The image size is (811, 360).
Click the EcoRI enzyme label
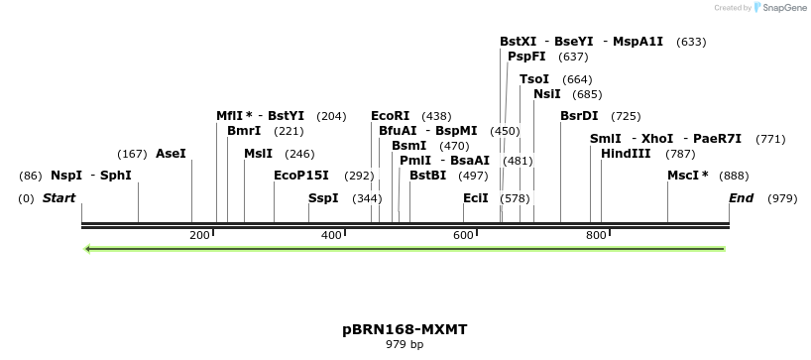pyautogui.click(x=390, y=116)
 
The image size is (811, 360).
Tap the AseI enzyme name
pyautogui.click(x=171, y=154)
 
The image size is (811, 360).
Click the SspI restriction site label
pyautogui.click(x=323, y=198)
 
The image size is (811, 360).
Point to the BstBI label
pyautogui.click(x=428, y=176)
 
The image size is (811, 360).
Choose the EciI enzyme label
pyautogui.click(x=476, y=198)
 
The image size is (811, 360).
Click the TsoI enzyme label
pyautogui.click(x=534, y=79)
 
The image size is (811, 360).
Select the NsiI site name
pyautogui.click(x=547, y=94)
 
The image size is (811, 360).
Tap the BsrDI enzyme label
pyautogui.click(x=579, y=116)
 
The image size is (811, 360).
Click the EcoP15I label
pyautogui.click(x=300, y=176)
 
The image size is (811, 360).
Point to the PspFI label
pyautogui.click(x=526, y=57)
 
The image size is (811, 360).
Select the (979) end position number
pyautogui.click(x=782, y=198)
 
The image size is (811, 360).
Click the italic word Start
pyautogui.click(x=58, y=198)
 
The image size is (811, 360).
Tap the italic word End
pyautogui.click(x=741, y=198)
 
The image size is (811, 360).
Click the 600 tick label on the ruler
pyautogui.click(x=463, y=236)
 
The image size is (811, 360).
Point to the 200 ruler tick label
pyautogui.click(x=199, y=236)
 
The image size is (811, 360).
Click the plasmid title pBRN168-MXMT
pyautogui.click(x=405, y=328)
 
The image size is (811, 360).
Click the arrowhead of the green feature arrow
pyautogui.click(x=89, y=248)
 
